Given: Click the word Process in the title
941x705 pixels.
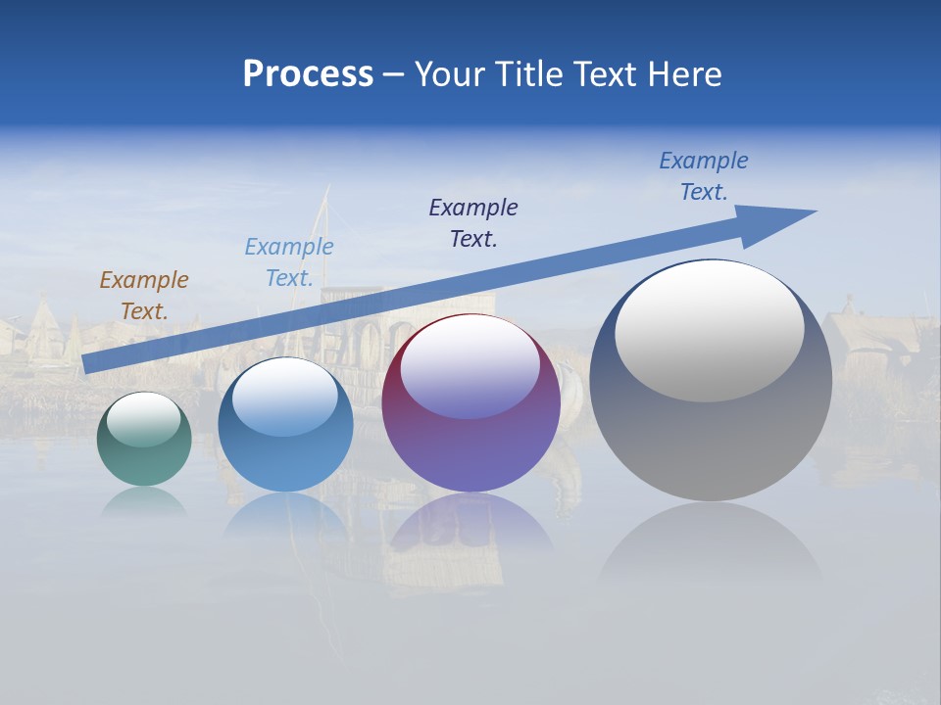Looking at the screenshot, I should click(308, 74).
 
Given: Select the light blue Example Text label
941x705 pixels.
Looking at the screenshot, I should click(288, 262).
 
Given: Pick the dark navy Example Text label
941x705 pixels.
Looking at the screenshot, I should click(473, 222).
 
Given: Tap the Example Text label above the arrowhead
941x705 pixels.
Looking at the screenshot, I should click(703, 176).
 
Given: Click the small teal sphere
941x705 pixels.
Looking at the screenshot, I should click(144, 455).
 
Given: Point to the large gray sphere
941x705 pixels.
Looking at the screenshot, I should click(711, 441).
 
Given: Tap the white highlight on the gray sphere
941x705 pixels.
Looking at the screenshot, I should click(709, 329).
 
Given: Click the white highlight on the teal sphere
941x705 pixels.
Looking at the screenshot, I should click(143, 419).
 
